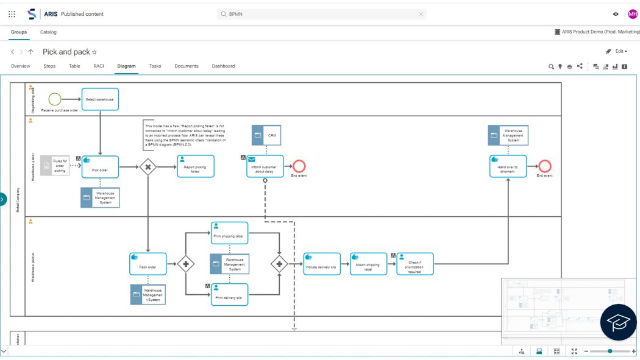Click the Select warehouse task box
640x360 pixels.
coord(100,99)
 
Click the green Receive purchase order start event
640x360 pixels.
coord(55,99)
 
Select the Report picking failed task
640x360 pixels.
coord(196,166)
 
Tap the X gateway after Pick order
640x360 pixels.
coord(148,167)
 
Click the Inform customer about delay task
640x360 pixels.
coord(265,166)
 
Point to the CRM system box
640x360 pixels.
coord(266,135)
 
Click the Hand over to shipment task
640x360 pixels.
coord(508,166)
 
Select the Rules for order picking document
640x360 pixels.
coord(55,166)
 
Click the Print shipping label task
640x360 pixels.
coord(229,233)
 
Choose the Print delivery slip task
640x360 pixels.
coord(229,294)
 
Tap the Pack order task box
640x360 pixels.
coord(148,264)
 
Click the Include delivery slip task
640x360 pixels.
coord(322,264)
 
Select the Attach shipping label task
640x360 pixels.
coord(368,264)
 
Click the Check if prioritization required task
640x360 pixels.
coord(414,264)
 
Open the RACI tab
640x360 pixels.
coord(99,66)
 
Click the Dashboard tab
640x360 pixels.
coord(223,66)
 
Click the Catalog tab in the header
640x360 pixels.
coord(48,32)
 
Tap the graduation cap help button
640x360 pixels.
coord(619,322)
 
